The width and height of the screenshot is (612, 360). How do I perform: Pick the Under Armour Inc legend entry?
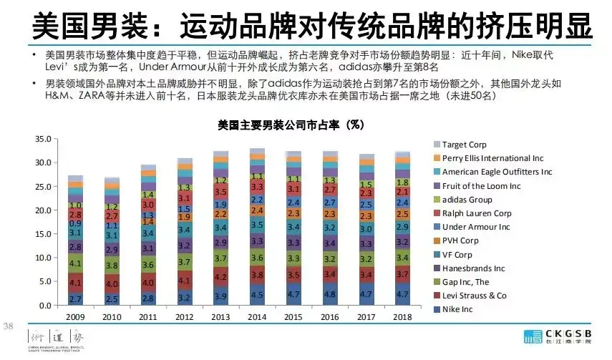tap(476, 227)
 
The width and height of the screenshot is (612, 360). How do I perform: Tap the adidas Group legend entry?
tap(467, 200)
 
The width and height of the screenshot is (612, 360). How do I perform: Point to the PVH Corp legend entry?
tap(460, 240)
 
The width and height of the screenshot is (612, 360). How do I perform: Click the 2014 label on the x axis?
tap(258, 316)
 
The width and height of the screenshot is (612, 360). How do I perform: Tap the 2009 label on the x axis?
tap(75, 316)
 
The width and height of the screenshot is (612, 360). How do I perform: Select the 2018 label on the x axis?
tap(404, 316)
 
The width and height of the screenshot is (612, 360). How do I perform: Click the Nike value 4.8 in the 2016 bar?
tap(331, 293)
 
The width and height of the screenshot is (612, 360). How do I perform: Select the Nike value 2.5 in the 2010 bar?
tap(112, 299)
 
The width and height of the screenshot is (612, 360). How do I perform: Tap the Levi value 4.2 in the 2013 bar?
tap(221, 277)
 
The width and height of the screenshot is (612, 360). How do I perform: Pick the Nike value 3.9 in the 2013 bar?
tap(221, 296)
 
